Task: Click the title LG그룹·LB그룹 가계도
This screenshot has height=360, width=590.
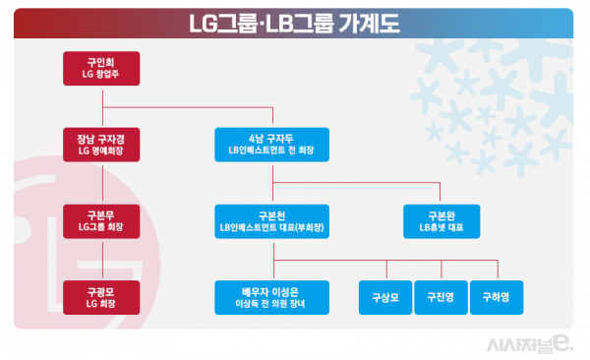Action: [x=295, y=22]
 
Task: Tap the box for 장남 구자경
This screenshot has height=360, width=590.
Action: [x=103, y=144]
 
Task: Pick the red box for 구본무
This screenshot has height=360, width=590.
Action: [x=103, y=218]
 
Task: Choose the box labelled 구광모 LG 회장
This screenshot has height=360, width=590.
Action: [x=103, y=294]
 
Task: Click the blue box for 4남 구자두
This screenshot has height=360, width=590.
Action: [x=272, y=144]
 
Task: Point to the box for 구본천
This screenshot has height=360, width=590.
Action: [x=272, y=218]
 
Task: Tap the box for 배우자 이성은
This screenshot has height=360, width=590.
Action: [x=272, y=294]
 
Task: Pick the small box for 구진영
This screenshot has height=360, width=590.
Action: [x=439, y=294]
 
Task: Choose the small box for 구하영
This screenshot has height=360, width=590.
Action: [x=496, y=294]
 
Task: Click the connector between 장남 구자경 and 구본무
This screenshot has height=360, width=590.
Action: [x=103, y=181]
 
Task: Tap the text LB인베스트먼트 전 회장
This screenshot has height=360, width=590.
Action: [x=272, y=151]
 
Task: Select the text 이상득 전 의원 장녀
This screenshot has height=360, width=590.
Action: [x=272, y=302]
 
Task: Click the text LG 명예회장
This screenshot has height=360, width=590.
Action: [x=103, y=151]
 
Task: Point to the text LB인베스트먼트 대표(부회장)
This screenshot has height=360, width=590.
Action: [x=272, y=226]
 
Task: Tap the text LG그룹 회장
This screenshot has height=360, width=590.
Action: [x=103, y=226]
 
